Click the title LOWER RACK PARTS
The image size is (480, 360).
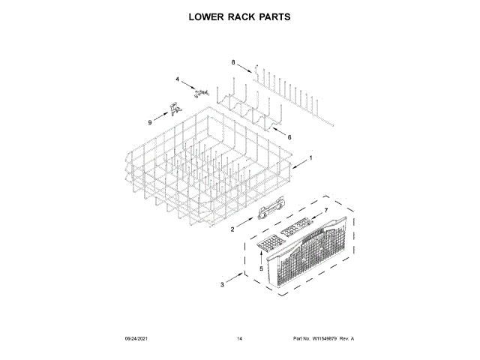tap(239, 16)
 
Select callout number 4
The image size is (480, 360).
tap(178, 79)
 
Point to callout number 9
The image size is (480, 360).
tap(149, 122)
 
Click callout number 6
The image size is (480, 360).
tap(289, 136)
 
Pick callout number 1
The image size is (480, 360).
tap(310, 157)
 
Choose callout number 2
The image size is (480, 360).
tap(232, 229)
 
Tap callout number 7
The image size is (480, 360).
tap(326, 211)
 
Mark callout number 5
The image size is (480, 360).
tap(261, 268)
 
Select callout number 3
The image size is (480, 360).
tap(222, 285)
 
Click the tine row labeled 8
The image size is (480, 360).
tap(292, 88)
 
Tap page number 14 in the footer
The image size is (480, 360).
tap(239, 339)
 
